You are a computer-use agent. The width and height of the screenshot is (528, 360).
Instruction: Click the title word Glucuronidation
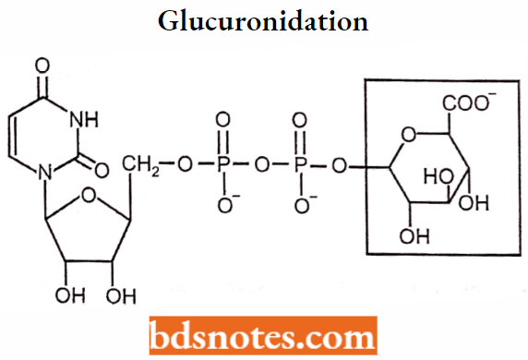click(x=264, y=21)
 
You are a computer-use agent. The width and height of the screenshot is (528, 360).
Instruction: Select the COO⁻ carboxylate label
click(x=475, y=104)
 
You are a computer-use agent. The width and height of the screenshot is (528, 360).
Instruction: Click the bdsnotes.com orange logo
click(x=263, y=336)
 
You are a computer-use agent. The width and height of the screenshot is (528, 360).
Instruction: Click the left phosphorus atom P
click(x=224, y=166)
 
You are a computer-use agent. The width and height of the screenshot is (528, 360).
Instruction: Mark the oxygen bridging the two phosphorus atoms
click(x=264, y=166)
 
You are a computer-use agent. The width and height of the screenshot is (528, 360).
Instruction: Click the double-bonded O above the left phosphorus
click(x=224, y=121)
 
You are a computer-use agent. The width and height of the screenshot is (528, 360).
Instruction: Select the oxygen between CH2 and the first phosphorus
click(x=187, y=166)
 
